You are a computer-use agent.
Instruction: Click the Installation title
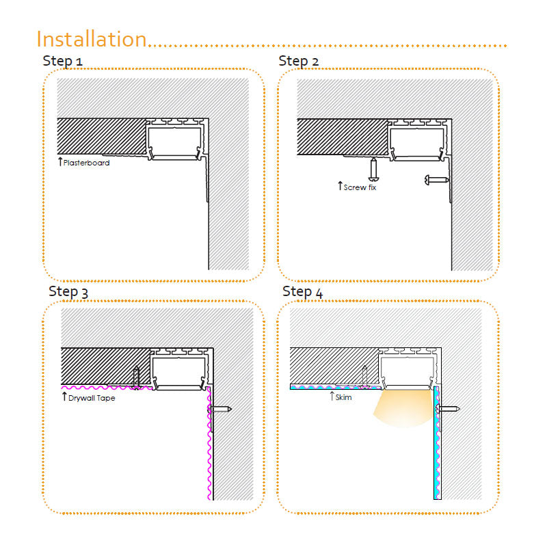(92, 39)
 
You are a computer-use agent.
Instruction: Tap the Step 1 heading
(62, 61)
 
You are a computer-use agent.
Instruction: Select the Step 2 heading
(299, 61)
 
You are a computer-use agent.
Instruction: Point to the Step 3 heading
(68, 292)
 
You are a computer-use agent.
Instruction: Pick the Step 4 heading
(302, 292)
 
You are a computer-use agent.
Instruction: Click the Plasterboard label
(87, 163)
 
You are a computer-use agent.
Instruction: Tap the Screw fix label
(360, 187)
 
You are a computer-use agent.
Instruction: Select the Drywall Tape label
(92, 398)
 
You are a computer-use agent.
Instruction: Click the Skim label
(344, 397)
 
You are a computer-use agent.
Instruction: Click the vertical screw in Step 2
(373, 169)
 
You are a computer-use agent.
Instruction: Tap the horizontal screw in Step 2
(437, 180)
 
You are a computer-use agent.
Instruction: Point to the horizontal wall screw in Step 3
(219, 409)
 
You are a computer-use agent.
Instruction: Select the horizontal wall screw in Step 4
(449, 408)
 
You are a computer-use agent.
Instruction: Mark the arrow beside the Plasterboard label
(60, 161)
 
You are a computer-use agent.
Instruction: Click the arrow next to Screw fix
(340, 185)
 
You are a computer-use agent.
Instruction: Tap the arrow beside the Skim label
(332, 396)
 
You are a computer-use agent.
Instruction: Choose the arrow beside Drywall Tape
(64, 397)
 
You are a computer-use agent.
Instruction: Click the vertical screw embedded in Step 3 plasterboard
(136, 378)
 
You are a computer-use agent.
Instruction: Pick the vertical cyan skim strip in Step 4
(436, 442)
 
